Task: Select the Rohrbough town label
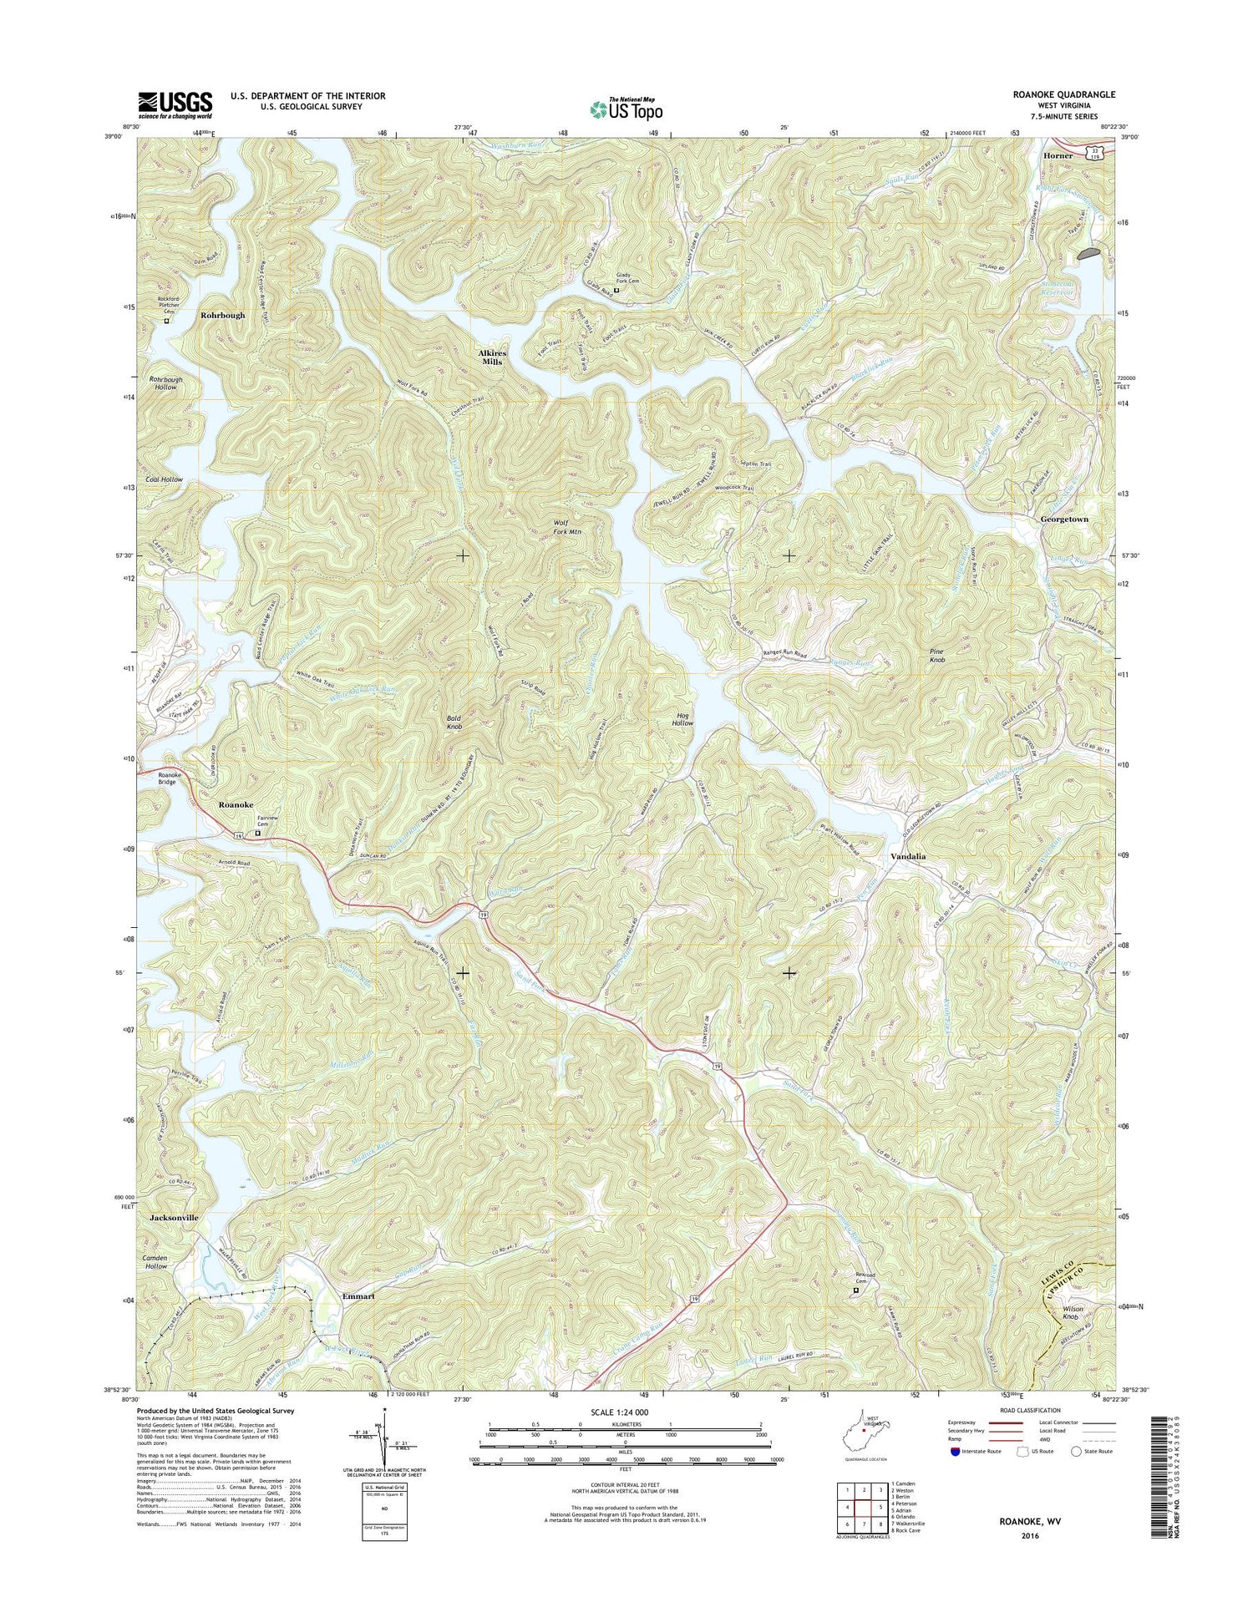click(223, 316)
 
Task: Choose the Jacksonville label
click(174, 1218)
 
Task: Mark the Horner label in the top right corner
click(1058, 156)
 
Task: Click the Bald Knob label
click(454, 722)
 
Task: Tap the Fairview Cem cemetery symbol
click(257, 833)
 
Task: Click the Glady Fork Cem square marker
click(616, 292)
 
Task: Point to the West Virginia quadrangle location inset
click(863, 1435)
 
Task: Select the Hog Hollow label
click(682, 718)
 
